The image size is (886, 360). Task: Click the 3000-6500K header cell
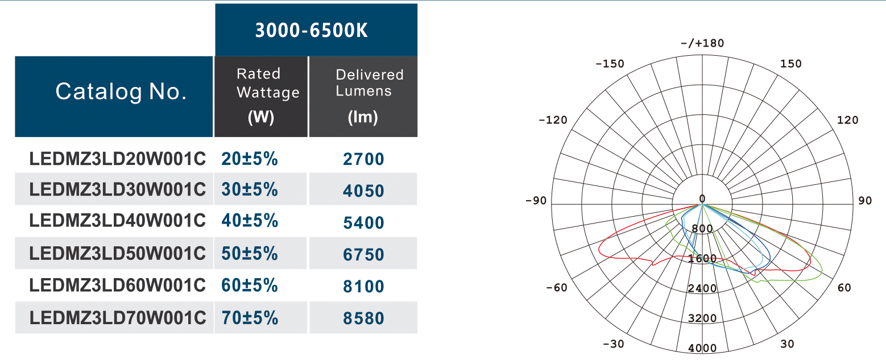click(316, 30)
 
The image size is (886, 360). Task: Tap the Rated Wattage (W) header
click(261, 96)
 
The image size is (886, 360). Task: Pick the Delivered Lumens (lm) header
click(363, 96)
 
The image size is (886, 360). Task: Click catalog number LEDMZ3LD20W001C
click(117, 159)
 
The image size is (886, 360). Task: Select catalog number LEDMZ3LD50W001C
click(117, 254)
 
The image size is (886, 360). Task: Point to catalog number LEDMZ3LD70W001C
click(117, 318)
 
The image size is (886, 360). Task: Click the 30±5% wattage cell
click(250, 190)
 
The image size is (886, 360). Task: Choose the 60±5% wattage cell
click(250, 285)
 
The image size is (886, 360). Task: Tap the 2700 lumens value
click(363, 159)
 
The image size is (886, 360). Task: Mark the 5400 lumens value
click(363, 223)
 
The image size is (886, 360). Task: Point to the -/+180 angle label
click(702, 44)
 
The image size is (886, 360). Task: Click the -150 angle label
click(609, 64)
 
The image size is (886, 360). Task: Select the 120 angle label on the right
click(847, 120)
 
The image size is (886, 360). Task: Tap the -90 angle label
click(536, 201)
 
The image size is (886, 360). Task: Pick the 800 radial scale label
click(702, 229)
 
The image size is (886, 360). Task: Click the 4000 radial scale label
click(702, 348)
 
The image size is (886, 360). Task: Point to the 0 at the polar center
click(702, 198)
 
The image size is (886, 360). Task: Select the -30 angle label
click(613, 344)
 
